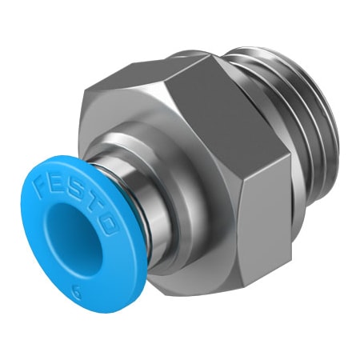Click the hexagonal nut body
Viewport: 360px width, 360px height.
click(x=200, y=160)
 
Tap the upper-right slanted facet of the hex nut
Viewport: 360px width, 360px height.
click(x=228, y=104)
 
